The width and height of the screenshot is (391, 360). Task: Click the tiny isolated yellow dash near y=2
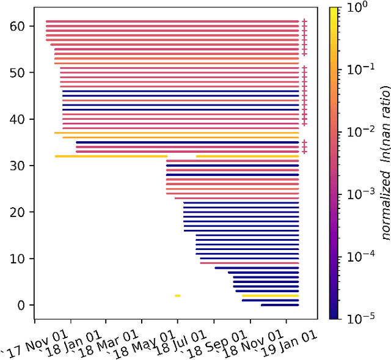[x=177, y=296]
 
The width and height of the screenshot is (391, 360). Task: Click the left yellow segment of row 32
[x=111, y=156]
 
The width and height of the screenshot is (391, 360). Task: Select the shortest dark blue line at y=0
[x=280, y=305]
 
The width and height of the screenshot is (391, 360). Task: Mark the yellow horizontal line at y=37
[x=177, y=133]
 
